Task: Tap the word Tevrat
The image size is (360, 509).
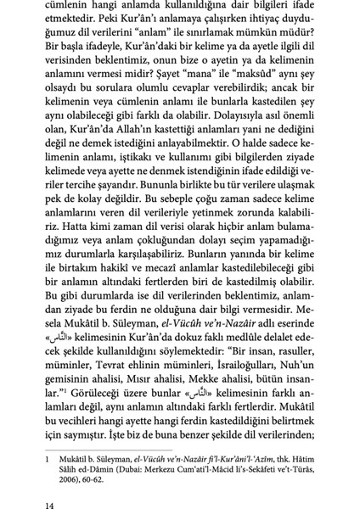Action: pyautogui.click(x=110, y=350)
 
